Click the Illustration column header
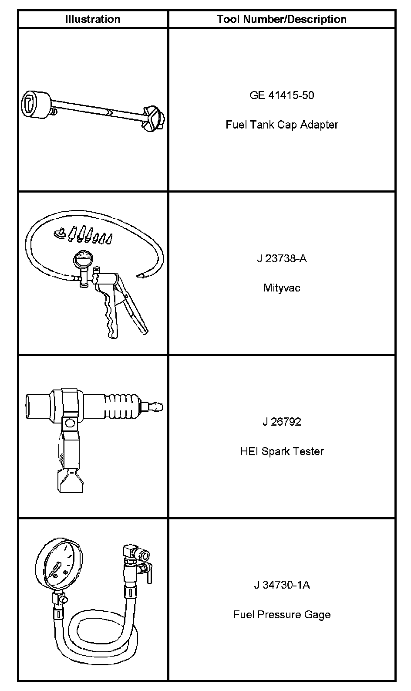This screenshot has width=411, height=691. (x=92, y=19)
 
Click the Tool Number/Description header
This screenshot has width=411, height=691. (x=282, y=19)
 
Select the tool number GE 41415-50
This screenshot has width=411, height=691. (x=282, y=95)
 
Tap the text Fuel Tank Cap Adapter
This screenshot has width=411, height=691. (x=282, y=125)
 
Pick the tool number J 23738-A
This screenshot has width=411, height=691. (x=282, y=258)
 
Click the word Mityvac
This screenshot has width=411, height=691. (x=282, y=288)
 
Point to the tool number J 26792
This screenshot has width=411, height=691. (x=282, y=422)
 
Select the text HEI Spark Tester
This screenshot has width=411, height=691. (x=282, y=451)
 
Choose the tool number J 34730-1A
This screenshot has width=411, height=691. (x=282, y=585)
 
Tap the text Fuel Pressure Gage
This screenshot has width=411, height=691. (x=282, y=615)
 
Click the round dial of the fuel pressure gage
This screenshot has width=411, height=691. (x=59, y=566)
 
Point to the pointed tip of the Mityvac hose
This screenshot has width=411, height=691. (x=141, y=275)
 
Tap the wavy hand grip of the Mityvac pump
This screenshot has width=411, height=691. (x=110, y=316)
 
